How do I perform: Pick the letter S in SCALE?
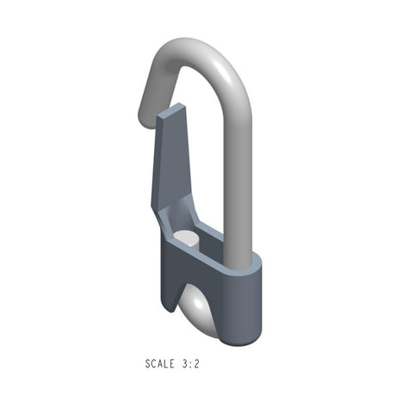pos(148,364)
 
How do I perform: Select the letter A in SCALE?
pos(160,364)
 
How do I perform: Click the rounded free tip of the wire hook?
pos(145,108)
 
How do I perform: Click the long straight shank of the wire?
pos(238,181)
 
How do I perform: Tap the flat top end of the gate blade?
pos(171,111)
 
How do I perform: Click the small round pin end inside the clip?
pos(186,238)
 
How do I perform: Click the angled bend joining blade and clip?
pos(169,215)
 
